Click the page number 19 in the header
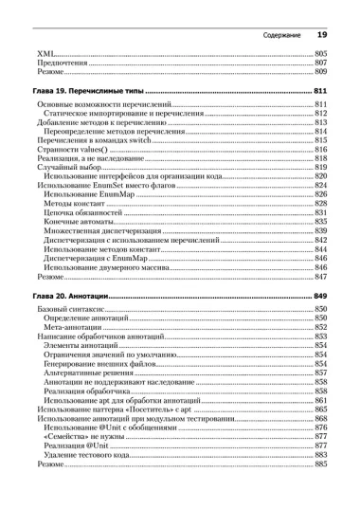321,35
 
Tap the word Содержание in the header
281,36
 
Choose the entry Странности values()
70,150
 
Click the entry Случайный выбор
63,168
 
